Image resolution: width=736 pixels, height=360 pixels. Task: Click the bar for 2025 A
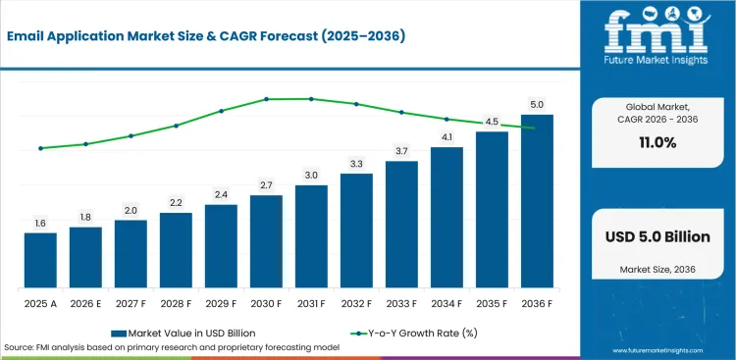point(40,260)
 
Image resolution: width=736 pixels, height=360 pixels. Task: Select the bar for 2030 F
point(266,241)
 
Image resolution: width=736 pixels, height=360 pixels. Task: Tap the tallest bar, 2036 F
point(537,201)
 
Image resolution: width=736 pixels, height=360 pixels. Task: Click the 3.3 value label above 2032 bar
point(357,164)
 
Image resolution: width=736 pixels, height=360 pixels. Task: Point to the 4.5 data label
point(492,122)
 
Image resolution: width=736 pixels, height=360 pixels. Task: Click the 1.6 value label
point(40,224)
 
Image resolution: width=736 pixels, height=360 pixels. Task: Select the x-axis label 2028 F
point(176,304)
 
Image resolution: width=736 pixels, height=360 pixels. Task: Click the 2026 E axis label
point(85,304)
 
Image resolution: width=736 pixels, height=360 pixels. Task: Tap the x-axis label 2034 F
point(447,304)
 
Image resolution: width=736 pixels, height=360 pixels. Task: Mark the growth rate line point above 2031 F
point(311,99)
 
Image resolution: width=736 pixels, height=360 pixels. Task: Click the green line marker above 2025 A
point(40,148)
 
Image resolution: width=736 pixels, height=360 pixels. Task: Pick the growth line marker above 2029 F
point(221,111)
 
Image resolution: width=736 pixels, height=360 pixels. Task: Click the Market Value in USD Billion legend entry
point(184,334)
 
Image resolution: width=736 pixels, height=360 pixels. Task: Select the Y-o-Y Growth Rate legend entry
point(414,334)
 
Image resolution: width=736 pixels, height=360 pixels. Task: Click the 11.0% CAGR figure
point(657,143)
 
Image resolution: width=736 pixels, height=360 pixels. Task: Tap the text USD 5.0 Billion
point(657,237)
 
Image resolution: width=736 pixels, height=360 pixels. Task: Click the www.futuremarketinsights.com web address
point(657,350)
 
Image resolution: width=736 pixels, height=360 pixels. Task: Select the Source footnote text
point(172,347)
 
